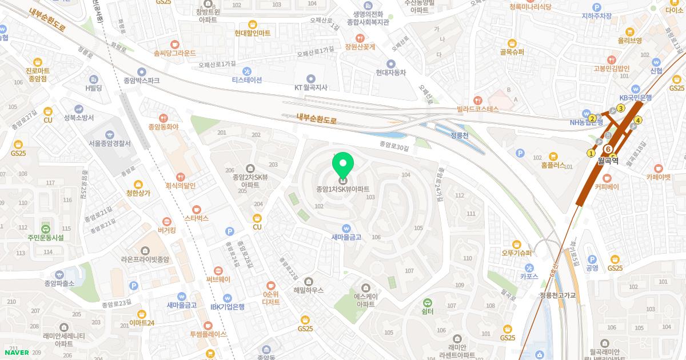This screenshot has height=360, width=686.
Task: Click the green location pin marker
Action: click(x=343, y=166)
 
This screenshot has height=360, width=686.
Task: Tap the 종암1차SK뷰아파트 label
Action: click(x=343, y=189)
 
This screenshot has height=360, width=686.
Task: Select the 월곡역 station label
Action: click(x=609, y=161)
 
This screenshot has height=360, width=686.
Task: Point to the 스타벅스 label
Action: click(x=196, y=218)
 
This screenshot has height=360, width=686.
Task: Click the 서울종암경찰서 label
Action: click(x=110, y=143)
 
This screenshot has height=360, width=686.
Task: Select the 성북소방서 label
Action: click(x=78, y=118)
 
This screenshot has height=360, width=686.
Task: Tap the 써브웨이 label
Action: click(x=218, y=279)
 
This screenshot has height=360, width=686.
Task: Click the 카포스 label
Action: click(x=529, y=276)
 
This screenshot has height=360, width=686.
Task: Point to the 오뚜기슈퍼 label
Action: click(x=516, y=253)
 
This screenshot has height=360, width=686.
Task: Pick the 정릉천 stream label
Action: click(x=459, y=135)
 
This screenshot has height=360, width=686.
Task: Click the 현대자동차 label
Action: click(x=391, y=73)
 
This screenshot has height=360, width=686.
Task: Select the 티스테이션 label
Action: click(x=247, y=80)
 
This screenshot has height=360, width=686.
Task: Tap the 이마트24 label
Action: click(x=142, y=323)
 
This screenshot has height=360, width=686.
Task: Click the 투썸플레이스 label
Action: click(x=208, y=334)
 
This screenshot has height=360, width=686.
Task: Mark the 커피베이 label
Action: click(x=607, y=186)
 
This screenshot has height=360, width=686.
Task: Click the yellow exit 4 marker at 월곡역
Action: click(x=638, y=120)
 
